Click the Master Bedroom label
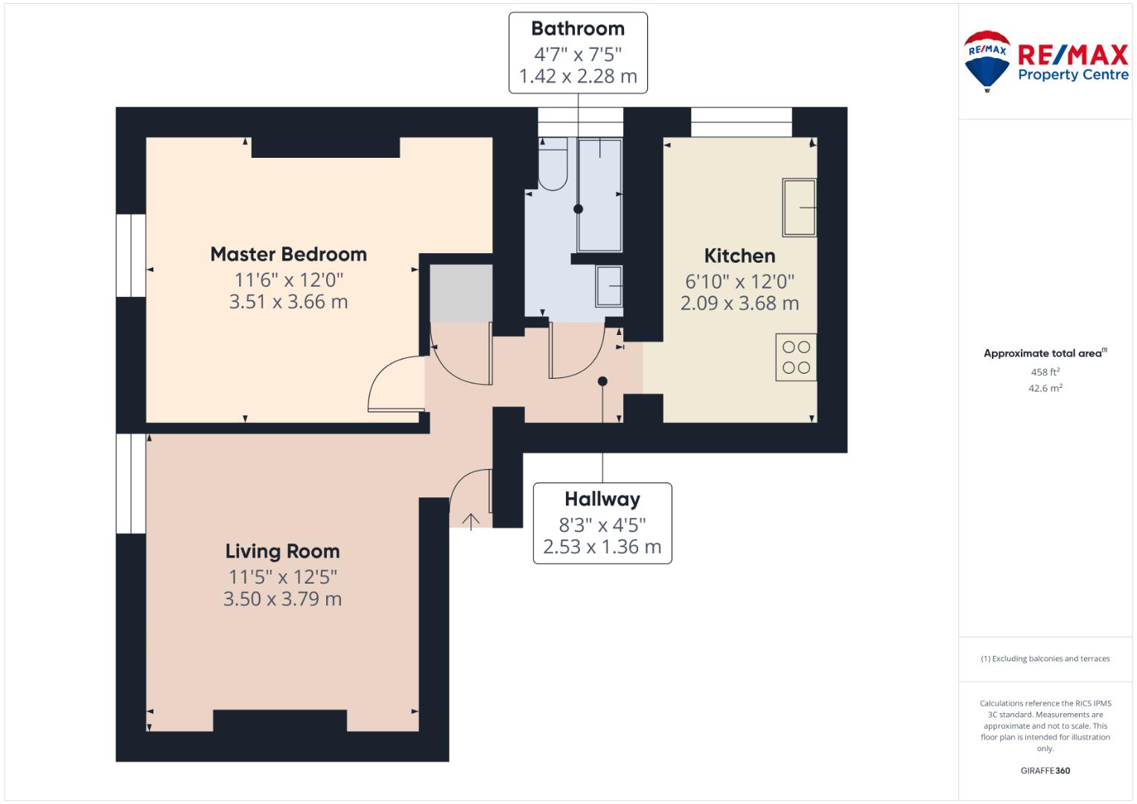point(288,255)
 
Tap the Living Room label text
point(283,552)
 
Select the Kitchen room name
point(739,256)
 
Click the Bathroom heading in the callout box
point(578,28)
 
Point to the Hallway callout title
point(602,500)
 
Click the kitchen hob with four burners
point(796,357)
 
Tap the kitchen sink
point(800,207)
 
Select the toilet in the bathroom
point(552,164)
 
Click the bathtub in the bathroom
point(599,195)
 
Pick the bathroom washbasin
point(609,287)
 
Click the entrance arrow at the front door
point(471,521)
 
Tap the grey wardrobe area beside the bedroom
point(461,293)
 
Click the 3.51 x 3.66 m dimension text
point(288,302)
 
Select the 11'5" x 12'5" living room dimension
point(283,577)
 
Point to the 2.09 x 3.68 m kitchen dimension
point(739,304)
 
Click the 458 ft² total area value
point(1045,372)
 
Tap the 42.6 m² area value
point(1045,389)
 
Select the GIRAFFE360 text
point(1045,770)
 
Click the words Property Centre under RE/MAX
point(1073,75)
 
